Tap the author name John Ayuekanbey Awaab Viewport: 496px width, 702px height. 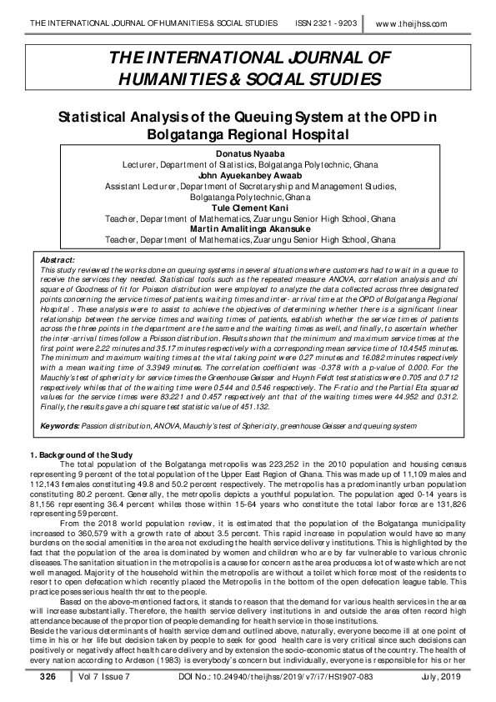tap(248, 176)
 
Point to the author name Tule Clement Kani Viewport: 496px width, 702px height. tap(248, 208)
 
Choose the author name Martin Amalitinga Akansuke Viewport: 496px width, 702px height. tap(248, 228)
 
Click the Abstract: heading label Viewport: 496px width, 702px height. tap(58, 260)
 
